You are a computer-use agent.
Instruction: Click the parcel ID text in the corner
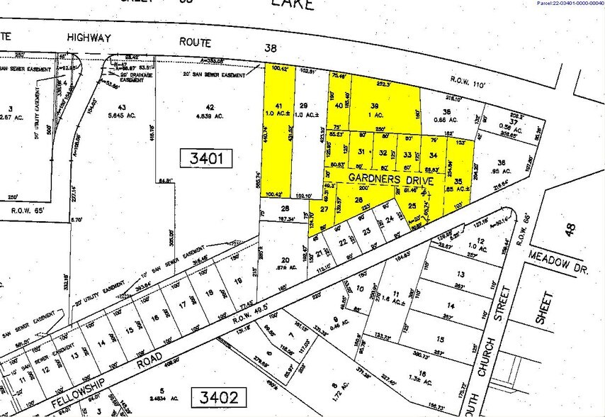point(570,4)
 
